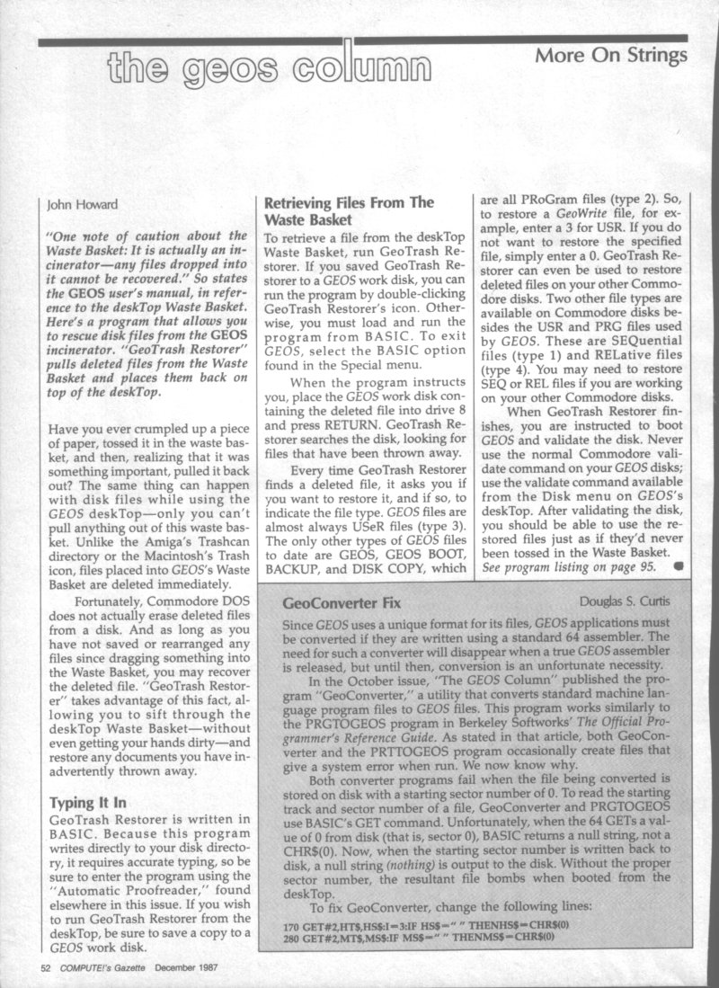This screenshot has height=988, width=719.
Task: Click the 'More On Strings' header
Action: (610, 55)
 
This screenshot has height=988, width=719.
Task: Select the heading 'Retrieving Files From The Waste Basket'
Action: (349, 211)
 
